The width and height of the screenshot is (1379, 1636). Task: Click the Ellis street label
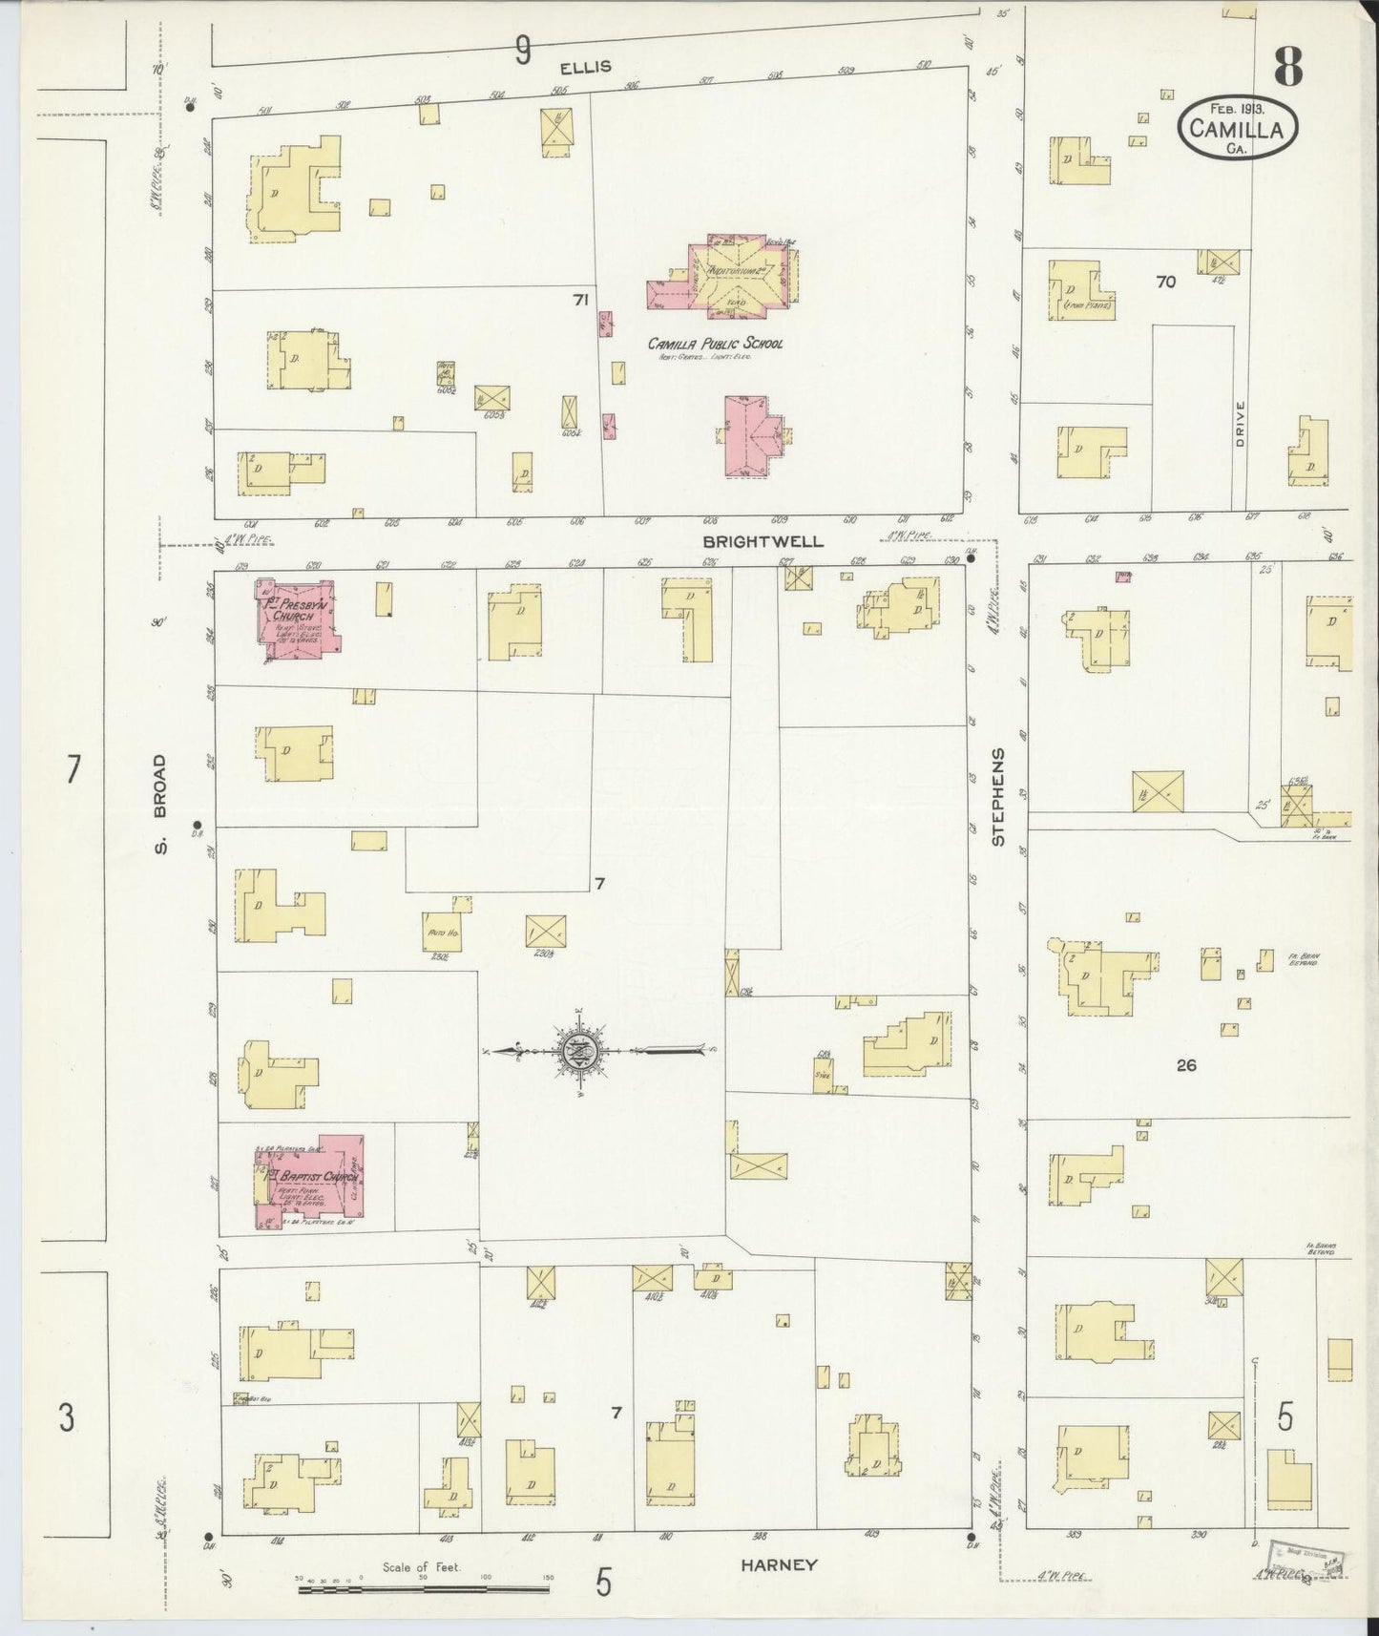tap(585, 67)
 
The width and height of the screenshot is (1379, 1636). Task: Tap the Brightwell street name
tap(763, 541)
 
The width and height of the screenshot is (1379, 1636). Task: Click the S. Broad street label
tap(160, 804)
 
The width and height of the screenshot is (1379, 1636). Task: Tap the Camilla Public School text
tap(715, 344)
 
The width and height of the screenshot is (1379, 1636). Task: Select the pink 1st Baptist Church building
tap(308, 1181)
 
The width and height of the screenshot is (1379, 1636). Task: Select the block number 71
tap(579, 300)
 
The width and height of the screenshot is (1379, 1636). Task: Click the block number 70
tap(1165, 282)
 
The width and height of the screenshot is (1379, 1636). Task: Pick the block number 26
tap(1186, 1065)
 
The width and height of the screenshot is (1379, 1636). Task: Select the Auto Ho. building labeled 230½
tap(441, 933)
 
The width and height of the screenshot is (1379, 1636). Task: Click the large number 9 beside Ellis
tap(522, 50)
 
